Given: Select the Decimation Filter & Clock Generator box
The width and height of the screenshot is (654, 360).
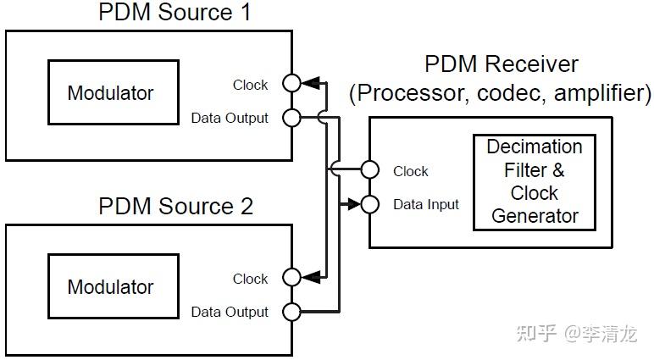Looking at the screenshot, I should pyautogui.click(x=535, y=181).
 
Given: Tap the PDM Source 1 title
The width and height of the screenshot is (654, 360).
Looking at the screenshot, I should pyautogui.click(x=175, y=13).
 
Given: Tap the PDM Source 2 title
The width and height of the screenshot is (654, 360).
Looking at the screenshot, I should pyautogui.click(x=175, y=207).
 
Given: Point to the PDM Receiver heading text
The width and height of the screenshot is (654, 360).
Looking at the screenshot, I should pyautogui.click(x=501, y=64).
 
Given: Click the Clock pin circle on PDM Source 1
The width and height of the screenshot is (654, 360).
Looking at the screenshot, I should pyautogui.click(x=292, y=83).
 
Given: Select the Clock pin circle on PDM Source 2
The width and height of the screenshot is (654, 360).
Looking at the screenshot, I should pyautogui.click(x=292, y=277).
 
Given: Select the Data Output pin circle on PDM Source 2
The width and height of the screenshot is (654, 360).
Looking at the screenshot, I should pyautogui.click(x=292, y=311).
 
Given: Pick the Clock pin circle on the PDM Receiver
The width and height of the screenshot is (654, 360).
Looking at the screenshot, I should pyautogui.click(x=369, y=169).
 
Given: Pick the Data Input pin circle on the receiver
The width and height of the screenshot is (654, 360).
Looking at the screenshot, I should pyautogui.click(x=369, y=203).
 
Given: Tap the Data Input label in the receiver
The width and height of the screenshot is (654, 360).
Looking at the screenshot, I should pyautogui.click(x=425, y=204).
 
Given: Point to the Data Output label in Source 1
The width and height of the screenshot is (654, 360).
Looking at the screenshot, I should pyautogui.click(x=229, y=118).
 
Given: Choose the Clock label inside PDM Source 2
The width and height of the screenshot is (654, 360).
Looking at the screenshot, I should pyautogui.click(x=250, y=279).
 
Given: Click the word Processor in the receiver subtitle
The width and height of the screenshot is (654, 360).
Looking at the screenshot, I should pyautogui.click(x=403, y=92).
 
